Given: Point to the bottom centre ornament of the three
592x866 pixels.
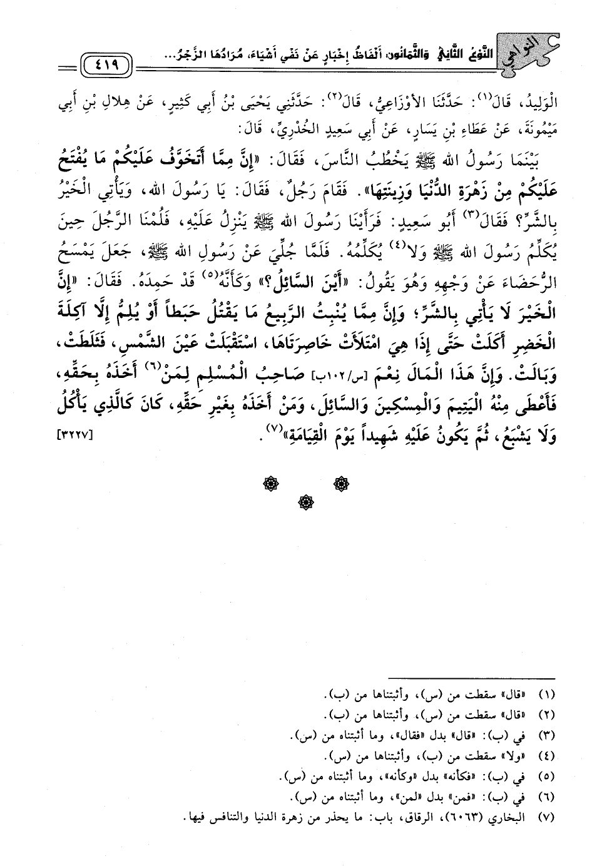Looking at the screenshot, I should tap(307, 502).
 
